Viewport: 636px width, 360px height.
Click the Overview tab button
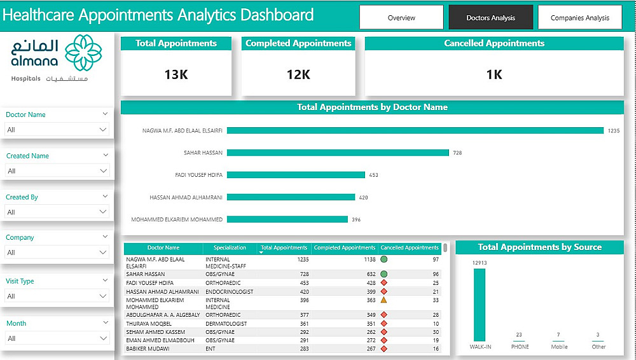pos(401,18)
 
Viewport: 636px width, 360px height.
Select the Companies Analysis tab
pos(579,18)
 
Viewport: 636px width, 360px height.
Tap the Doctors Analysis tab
pos(490,18)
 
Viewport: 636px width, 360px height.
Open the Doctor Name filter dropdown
pos(57,130)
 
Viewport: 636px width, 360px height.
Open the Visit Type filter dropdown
pos(57,296)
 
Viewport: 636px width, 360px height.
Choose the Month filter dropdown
pos(57,338)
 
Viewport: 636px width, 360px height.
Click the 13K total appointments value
pos(176,74)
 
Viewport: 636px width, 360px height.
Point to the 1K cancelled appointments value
pos(494,74)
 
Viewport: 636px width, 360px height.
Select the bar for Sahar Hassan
pos(338,153)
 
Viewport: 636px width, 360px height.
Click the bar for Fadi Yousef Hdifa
pos(296,175)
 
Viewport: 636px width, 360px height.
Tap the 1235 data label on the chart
pos(613,130)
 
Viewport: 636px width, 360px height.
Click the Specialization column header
pos(230,247)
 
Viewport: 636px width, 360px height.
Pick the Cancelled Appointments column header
pos(410,247)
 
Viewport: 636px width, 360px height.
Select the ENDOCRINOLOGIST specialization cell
pos(229,291)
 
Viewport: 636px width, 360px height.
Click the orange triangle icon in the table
pos(384,300)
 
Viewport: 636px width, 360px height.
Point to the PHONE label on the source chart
pos(520,347)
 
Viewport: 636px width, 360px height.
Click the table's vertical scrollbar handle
pos(445,247)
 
